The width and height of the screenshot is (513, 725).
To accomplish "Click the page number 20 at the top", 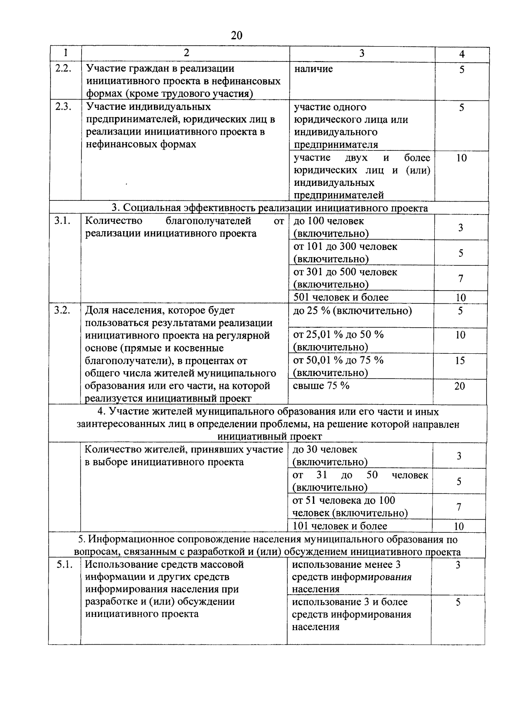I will (236, 35).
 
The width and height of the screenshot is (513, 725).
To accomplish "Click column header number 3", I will (362, 53).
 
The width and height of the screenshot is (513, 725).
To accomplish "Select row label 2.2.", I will (63, 68).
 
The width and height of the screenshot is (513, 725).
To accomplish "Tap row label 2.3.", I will (63, 106).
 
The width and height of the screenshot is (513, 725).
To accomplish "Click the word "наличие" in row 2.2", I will (313, 69).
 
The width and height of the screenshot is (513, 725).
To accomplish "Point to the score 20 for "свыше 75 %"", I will (460, 386).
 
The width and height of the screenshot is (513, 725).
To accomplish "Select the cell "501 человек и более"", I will (341, 297).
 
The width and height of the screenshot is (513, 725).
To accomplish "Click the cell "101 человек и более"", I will (340, 526).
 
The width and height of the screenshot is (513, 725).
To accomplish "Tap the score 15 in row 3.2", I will (460, 361).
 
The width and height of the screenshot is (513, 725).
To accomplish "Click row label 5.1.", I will (64, 565).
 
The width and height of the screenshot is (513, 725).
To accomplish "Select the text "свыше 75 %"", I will (321, 385).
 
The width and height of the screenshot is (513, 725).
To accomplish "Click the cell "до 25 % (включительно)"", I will (352, 311).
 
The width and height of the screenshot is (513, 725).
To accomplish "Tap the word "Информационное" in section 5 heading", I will (132, 540).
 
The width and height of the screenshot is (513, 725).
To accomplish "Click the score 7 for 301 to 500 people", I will (461, 279).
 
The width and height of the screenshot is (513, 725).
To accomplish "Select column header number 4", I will (462, 54).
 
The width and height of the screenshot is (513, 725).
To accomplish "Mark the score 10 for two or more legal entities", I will (461, 158).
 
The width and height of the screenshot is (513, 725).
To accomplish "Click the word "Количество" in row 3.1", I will (113, 221).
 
